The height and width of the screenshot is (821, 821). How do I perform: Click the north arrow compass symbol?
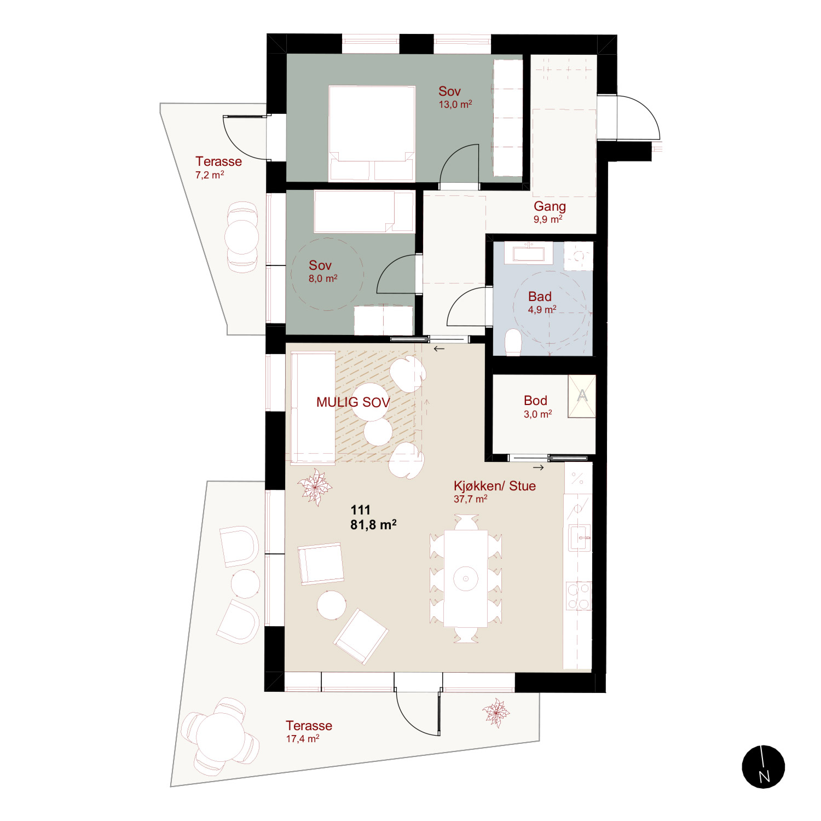pos(764,767)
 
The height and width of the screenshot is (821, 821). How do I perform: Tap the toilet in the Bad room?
pos(513,342)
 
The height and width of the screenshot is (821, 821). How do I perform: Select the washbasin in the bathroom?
pos(528,253)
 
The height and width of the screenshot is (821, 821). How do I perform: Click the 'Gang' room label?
pos(550,206)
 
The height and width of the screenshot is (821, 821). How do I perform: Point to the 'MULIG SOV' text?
pos(353,402)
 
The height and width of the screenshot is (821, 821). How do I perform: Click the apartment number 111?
pos(361,510)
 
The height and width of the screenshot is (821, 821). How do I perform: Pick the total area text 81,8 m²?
pos(373,524)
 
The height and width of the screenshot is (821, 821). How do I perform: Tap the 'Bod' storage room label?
pos(535,400)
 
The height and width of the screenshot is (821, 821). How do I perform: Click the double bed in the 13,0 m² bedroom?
pos(371,133)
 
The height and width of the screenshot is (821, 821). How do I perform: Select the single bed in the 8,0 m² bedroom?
pos(364,211)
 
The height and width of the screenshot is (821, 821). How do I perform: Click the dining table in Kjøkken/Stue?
pos(466,578)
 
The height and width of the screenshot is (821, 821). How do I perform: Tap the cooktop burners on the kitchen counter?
pos(579,596)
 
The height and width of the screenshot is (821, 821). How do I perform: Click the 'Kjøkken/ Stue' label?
pos(494,485)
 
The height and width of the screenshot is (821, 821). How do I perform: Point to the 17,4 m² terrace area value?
pos(303,738)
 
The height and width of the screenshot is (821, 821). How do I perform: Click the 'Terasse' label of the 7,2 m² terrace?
pos(218,161)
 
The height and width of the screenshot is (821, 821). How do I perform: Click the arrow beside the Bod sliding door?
pos(539,467)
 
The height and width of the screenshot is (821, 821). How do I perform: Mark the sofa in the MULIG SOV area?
pos(313,408)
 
